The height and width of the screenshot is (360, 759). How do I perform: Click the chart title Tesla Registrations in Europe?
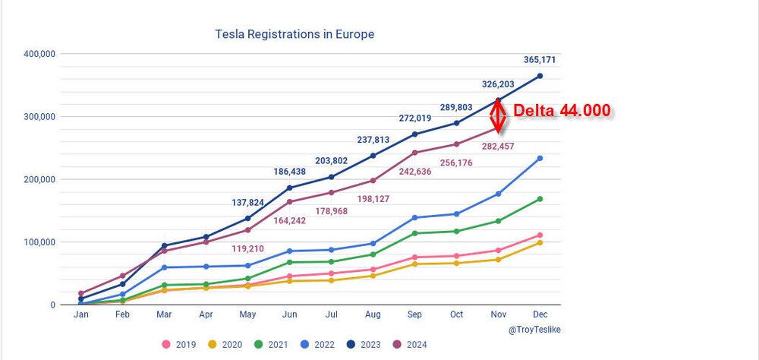tap(294, 34)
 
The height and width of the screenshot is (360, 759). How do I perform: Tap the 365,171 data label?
tap(540, 60)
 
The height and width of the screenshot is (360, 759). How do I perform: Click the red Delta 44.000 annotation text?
tap(562, 111)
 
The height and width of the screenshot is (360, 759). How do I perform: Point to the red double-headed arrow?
tap(497, 115)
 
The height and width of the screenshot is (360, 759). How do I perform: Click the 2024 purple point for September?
tap(414, 153)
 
